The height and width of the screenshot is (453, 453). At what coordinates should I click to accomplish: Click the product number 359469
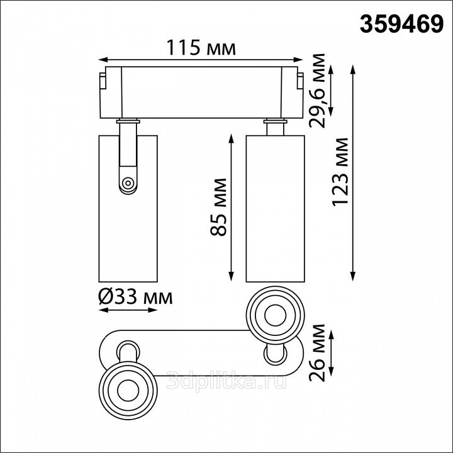pos(401,25)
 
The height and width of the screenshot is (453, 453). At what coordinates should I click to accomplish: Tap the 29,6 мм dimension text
pos(316,91)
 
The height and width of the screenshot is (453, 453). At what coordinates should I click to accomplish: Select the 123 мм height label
pos(340,172)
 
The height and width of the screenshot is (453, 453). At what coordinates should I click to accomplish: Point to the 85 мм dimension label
pos(218,207)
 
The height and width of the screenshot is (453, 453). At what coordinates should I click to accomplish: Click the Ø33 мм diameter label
pos(135,297)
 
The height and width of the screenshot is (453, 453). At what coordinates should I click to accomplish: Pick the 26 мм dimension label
pos(317,353)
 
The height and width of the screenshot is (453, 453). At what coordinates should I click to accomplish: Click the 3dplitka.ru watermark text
pos(226,379)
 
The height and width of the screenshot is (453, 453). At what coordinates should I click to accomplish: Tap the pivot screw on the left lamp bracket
pos(127,183)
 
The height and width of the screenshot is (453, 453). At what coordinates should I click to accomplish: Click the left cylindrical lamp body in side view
pos(128,209)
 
